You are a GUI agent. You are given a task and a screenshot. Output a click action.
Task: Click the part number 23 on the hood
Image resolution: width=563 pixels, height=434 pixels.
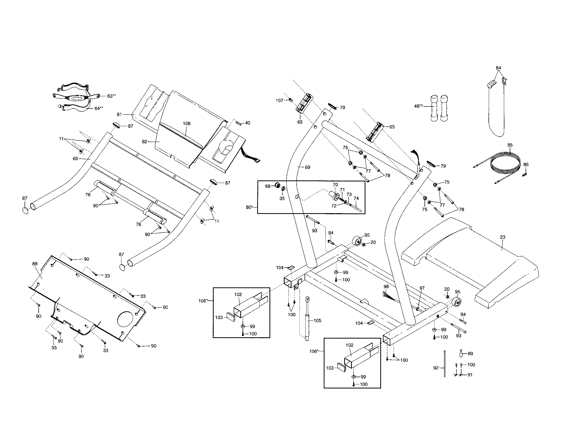(x=502, y=237)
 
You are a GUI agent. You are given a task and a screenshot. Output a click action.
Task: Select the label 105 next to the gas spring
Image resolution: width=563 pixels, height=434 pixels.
(x=317, y=321)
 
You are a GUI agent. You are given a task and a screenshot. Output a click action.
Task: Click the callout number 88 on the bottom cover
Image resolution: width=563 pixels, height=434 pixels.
(x=35, y=264)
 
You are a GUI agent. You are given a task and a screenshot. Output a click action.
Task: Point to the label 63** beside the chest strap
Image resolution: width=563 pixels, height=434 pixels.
(x=111, y=96)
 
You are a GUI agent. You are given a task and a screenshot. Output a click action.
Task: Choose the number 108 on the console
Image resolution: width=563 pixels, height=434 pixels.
(x=187, y=123)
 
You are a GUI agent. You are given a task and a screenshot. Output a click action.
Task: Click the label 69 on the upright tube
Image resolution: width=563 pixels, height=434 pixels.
(x=307, y=167)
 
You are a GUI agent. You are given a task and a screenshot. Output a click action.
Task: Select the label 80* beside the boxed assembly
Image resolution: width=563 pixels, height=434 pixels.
(x=249, y=207)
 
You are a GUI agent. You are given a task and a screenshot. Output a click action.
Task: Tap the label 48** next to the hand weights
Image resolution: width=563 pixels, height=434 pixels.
(x=418, y=106)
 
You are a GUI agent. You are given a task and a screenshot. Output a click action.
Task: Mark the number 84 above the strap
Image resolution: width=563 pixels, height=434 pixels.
(x=498, y=68)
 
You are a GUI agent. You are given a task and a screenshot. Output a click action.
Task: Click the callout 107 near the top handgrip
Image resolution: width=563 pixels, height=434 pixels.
(x=279, y=101)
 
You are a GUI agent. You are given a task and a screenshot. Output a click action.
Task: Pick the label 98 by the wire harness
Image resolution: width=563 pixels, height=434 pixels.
(x=386, y=286)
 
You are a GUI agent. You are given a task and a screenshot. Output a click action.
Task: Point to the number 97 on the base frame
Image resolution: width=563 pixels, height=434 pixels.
(x=422, y=288)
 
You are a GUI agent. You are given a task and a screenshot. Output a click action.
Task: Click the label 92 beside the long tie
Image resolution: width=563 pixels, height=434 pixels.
(x=436, y=368)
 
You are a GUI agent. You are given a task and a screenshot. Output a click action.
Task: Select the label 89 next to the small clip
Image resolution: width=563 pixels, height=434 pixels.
(x=470, y=354)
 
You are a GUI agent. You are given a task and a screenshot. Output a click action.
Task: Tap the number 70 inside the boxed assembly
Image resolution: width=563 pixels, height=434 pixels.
(x=335, y=185)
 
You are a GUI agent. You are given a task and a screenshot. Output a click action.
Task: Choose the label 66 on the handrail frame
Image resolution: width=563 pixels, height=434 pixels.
(x=75, y=158)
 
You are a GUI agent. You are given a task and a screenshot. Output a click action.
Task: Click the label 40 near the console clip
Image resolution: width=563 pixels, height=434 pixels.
(x=247, y=123)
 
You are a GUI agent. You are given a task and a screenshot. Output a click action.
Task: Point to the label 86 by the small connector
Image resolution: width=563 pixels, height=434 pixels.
(x=526, y=165)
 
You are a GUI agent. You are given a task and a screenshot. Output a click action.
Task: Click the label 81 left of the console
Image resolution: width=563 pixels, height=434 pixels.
(x=119, y=114)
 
